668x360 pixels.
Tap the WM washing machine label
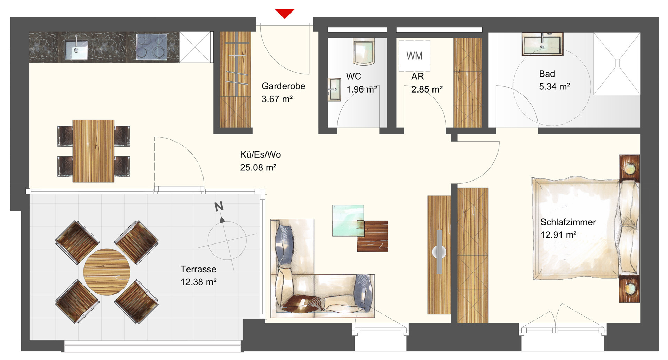click(414, 56)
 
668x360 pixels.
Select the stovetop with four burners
click(151, 47)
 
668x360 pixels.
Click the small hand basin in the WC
click(334, 89)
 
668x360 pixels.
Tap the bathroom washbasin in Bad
click(542, 44)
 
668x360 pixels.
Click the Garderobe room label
click(283, 86)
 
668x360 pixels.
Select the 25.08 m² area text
click(258, 167)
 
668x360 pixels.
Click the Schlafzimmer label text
click(568, 222)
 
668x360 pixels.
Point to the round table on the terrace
click(107, 272)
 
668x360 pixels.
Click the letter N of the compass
click(219, 207)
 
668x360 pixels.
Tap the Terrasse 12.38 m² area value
click(198, 282)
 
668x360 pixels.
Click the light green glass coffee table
click(348, 221)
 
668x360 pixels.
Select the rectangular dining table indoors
click(94, 151)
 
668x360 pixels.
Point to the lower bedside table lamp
click(629, 288)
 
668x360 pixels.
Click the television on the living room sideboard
click(439, 251)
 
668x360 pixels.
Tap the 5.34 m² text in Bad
click(555, 86)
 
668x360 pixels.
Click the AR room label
click(417, 76)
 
